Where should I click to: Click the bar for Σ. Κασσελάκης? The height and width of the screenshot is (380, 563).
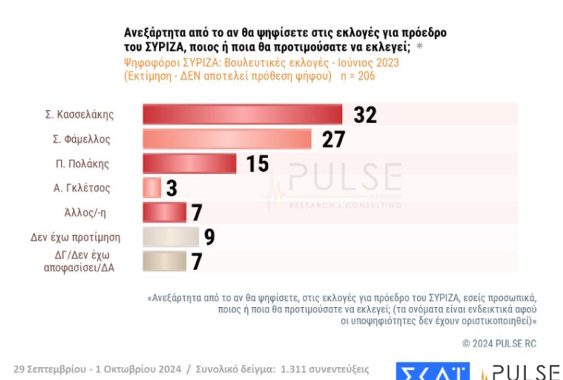tap(243, 115)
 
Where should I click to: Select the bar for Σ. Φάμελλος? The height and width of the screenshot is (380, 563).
tap(227, 139)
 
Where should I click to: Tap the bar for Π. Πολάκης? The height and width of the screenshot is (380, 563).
tap(189, 163)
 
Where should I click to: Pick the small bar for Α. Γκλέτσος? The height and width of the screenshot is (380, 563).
tap(152, 188)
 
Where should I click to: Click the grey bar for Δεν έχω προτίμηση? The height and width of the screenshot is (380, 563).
tap(170, 237)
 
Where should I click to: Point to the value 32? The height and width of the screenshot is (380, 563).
tap(365, 115)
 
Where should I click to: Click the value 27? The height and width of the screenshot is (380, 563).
tap(333, 139)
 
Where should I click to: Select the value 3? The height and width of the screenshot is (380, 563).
tap(171, 188)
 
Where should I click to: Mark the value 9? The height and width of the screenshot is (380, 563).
tap(209, 237)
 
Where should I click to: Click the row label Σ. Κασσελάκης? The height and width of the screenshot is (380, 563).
tap(79, 115)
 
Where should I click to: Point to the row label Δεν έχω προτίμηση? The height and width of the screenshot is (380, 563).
tap(70, 237)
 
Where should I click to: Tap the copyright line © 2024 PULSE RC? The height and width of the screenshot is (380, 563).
tap(499, 344)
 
